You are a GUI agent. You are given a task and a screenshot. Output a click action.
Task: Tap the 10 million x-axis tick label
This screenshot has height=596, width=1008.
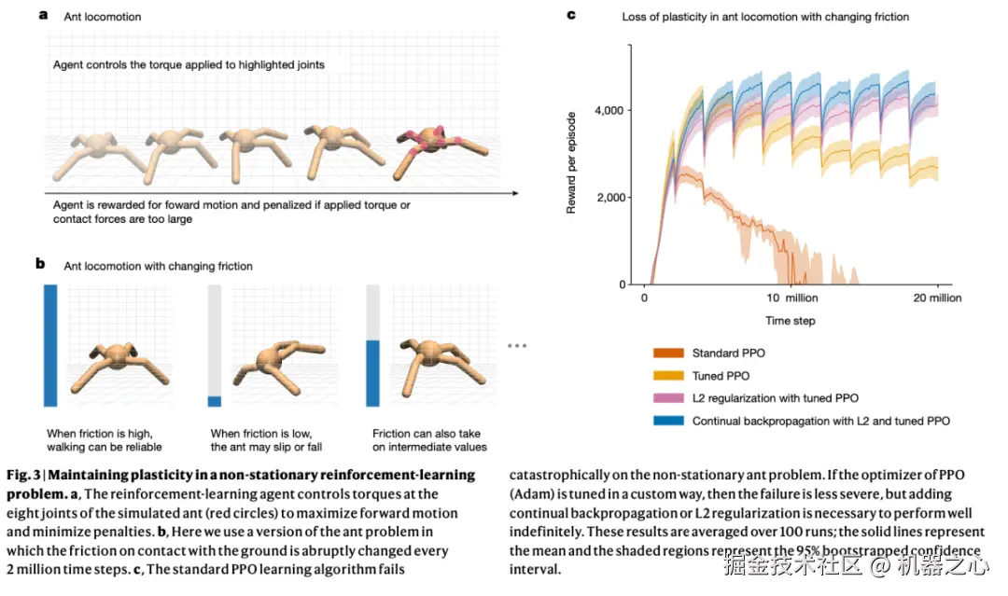[791, 298]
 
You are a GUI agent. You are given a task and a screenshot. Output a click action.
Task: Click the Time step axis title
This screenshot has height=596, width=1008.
[791, 321]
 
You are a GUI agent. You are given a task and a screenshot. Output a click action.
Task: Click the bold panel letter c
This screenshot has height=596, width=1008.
[571, 15]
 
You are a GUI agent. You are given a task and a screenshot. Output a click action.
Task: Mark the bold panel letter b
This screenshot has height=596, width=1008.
[41, 265]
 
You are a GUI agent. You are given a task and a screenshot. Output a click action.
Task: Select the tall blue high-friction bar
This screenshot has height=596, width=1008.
[50, 345]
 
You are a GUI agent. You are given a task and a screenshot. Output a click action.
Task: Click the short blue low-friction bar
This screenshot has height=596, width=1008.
[215, 400]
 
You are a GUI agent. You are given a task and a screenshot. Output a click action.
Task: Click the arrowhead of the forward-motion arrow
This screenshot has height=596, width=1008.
[514, 193]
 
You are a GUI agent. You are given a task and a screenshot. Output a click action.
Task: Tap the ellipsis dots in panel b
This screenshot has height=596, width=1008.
[518, 346]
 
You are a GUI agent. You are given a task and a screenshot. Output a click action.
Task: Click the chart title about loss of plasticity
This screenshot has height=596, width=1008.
[765, 17]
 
